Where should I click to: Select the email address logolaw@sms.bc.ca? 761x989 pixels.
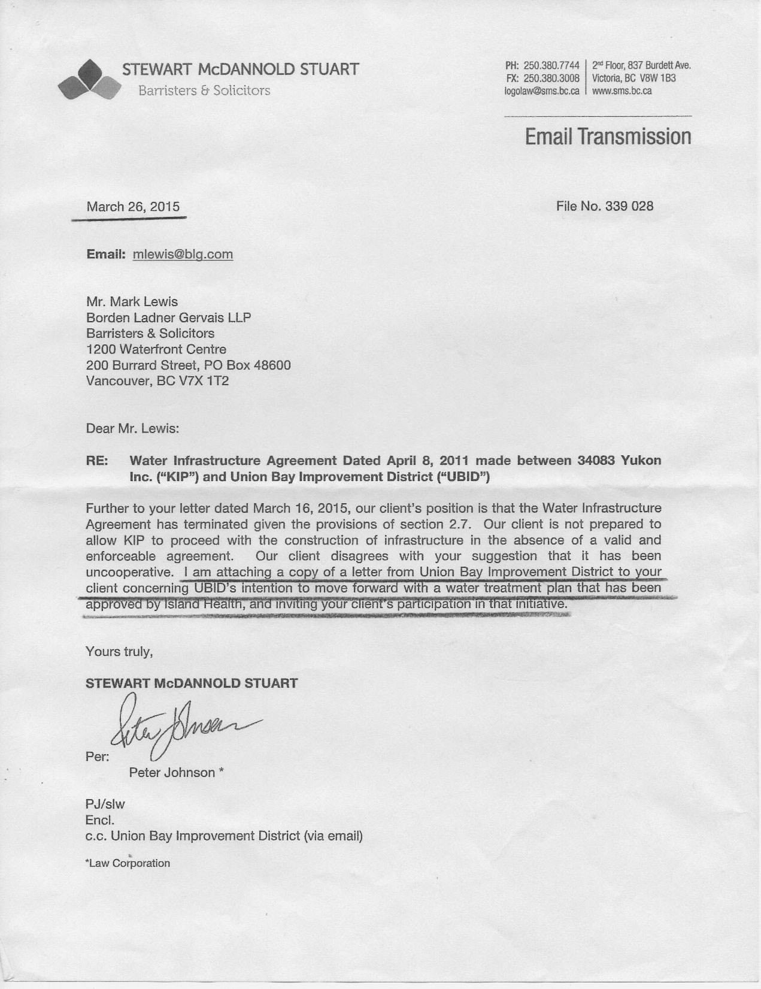point(541,91)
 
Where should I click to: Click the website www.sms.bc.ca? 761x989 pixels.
point(621,91)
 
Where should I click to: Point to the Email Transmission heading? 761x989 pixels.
point(608,137)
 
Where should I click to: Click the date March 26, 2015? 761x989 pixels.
point(133,207)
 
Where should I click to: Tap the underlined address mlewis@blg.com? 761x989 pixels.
point(183,254)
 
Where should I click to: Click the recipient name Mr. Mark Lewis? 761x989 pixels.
point(132,301)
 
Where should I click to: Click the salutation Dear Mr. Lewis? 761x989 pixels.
point(132,428)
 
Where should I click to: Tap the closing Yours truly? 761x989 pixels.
point(119,651)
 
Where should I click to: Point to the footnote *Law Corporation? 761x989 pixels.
point(128,863)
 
